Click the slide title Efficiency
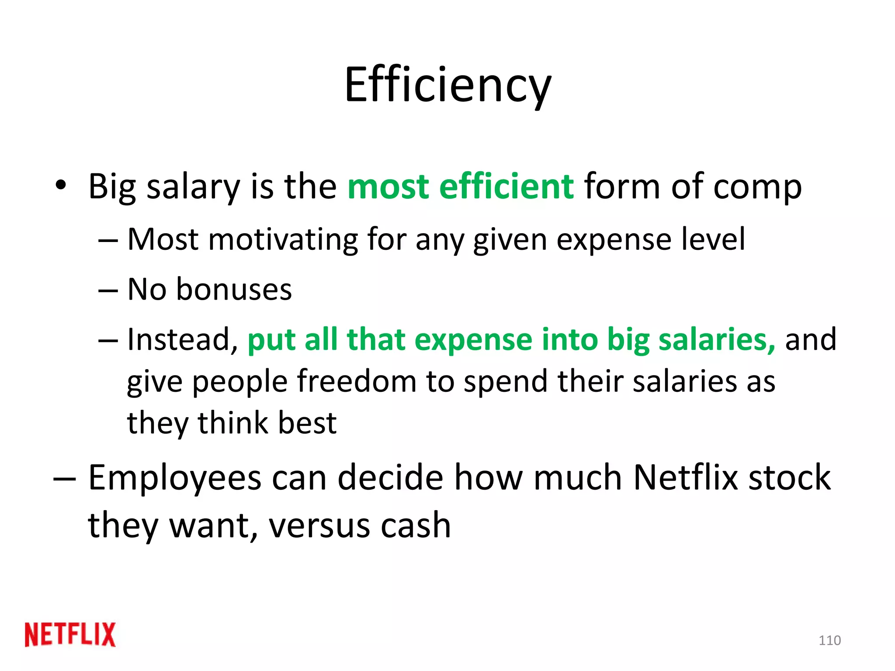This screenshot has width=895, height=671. [x=447, y=85]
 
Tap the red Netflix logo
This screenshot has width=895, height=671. [x=70, y=634]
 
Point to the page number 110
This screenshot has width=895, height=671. [x=829, y=640]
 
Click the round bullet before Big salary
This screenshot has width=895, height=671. [x=61, y=185]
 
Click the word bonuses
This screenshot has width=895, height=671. [x=234, y=289]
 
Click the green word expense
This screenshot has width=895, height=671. [x=473, y=340]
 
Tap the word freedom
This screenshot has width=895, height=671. [x=357, y=381]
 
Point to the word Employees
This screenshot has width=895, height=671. [x=175, y=478]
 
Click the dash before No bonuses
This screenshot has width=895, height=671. [x=108, y=290]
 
